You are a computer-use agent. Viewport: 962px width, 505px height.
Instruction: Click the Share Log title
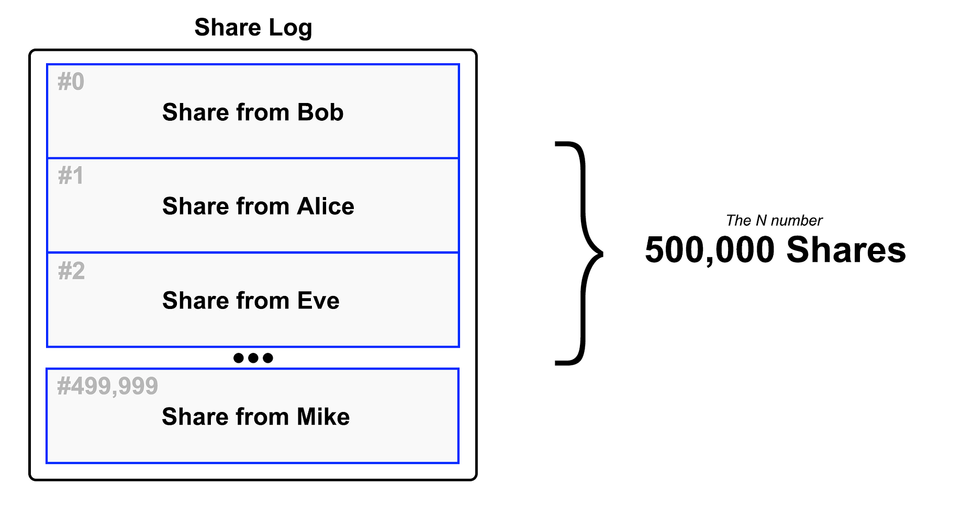point(253,27)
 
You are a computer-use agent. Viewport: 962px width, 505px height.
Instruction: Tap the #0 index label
point(71,82)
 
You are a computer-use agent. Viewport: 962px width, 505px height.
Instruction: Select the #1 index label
point(71,176)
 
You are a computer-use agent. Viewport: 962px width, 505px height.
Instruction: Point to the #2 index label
point(71,271)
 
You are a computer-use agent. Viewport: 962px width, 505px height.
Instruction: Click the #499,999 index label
point(107,386)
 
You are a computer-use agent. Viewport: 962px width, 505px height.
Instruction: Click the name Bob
point(320,112)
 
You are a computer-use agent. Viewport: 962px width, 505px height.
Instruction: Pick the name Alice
point(326,206)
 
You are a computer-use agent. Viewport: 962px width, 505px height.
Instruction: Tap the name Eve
point(318,301)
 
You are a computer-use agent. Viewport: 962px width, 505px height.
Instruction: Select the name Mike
point(323,417)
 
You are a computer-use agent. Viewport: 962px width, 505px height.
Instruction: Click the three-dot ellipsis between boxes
point(253,358)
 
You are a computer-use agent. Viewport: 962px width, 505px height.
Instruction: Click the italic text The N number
point(774,221)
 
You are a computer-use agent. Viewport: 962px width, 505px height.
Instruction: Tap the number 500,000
point(709,250)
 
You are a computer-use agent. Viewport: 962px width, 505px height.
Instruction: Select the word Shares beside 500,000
point(846,250)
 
